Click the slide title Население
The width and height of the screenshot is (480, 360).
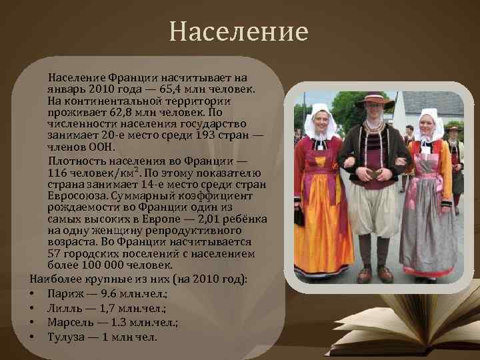[239, 31]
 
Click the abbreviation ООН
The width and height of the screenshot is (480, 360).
[103, 147]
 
